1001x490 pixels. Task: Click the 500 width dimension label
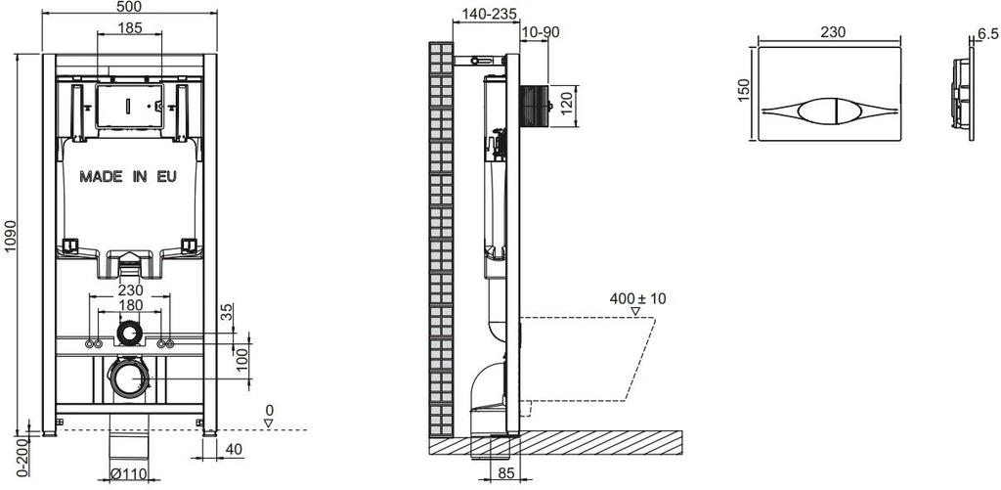(x=130, y=7)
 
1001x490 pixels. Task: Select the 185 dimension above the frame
(x=130, y=27)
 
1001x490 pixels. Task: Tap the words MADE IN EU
(x=128, y=176)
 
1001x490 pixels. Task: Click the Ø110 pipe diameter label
(x=130, y=473)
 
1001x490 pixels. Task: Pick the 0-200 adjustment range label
(x=22, y=456)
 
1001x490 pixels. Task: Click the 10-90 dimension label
(x=540, y=32)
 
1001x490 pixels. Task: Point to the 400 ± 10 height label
(x=637, y=298)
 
